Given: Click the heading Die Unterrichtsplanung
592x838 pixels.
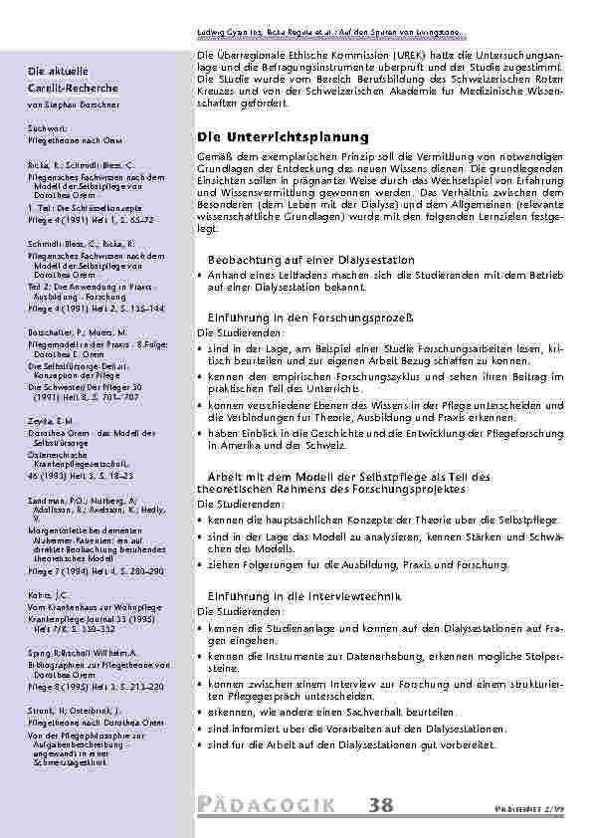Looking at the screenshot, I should [284, 136].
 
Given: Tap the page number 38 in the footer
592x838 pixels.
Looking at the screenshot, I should [379, 804].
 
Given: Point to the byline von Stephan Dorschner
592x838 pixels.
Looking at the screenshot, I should [75, 104].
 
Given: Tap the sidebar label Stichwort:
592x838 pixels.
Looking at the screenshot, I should [49, 129].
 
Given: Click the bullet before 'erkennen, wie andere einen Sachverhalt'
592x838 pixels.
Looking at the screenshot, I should [202, 713].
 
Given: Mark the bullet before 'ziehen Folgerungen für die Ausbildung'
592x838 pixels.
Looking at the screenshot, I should [202, 565].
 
